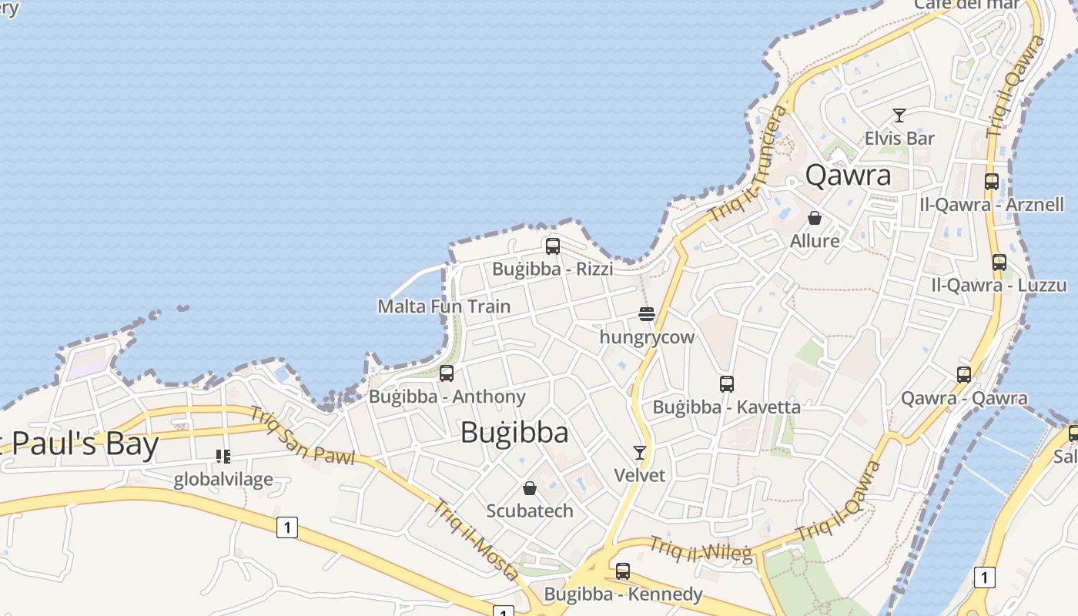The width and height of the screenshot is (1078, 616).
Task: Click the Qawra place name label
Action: pos(848,176)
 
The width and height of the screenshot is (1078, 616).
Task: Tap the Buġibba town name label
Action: pos(514,433)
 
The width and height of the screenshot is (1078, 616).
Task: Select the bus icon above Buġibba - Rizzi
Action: pos(553,246)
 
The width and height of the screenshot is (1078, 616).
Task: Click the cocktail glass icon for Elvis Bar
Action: pos(899,115)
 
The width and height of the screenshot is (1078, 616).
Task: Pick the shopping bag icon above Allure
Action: pos(815,218)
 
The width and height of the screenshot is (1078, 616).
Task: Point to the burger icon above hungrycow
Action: pos(647,314)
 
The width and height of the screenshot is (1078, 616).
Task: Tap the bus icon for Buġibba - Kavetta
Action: pos(727,383)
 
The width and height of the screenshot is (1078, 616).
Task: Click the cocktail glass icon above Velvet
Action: pos(639,452)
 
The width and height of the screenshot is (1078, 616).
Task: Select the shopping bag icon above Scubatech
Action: pos(530,488)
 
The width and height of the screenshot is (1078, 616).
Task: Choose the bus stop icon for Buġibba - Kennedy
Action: pos(623,571)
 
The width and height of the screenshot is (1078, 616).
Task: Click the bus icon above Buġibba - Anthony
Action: pos(447,373)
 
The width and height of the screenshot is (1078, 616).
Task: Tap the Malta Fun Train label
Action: pos(444,306)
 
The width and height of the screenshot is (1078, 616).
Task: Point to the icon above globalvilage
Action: pos(223,457)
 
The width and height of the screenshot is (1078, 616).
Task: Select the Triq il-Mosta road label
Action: pos(476,541)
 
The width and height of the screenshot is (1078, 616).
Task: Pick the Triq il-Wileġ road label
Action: pos(701,550)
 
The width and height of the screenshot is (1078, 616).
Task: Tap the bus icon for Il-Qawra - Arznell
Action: pos(992,182)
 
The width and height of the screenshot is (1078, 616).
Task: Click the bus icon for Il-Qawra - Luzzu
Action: pos(999,263)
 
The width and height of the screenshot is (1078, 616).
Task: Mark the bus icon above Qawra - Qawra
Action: pos(964,375)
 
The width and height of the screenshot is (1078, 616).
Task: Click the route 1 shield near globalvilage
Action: pos(287,527)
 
